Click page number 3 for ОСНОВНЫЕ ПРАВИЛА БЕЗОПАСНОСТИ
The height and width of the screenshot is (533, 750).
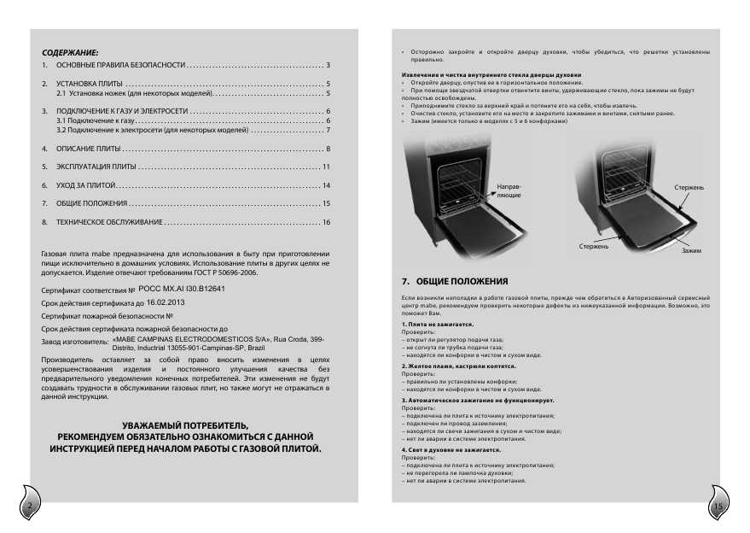(328, 66)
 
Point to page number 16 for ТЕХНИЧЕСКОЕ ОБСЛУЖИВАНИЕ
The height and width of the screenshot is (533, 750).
(325, 222)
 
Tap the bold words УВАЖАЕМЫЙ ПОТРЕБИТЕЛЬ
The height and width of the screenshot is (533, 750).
(186, 425)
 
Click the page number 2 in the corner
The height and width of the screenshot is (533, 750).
(29, 507)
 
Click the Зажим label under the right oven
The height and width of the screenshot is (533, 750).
(691, 251)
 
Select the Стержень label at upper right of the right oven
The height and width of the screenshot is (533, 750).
(689, 186)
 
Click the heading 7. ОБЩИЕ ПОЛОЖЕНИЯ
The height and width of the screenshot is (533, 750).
(455, 281)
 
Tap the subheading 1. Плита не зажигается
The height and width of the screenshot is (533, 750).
(439, 325)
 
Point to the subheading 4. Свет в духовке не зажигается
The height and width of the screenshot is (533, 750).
(451, 448)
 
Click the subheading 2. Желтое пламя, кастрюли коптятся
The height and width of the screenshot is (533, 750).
(460, 366)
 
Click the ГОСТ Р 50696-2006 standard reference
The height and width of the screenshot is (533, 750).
(225, 273)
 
